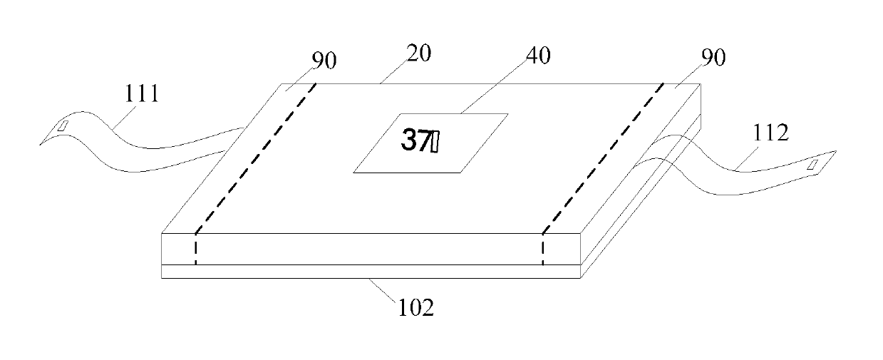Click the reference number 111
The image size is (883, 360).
pyautogui.click(x=142, y=93)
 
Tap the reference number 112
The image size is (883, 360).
pyautogui.click(x=771, y=133)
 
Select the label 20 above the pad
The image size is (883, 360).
pyautogui.click(x=418, y=53)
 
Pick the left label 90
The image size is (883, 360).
pyautogui.click(x=324, y=61)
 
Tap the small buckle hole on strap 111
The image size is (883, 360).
pyautogui.click(x=63, y=126)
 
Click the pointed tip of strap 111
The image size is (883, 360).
pyautogui.click(x=41, y=144)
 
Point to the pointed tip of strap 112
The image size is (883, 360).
pyautogui.click(x=837, y=152)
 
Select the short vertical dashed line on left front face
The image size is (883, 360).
pyautogui.click(x=195, y=249)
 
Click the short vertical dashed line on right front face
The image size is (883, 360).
pyautogui.click(x=542, y=249)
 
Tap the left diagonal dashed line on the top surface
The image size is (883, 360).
pyautogui.click(x=257, y=157)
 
